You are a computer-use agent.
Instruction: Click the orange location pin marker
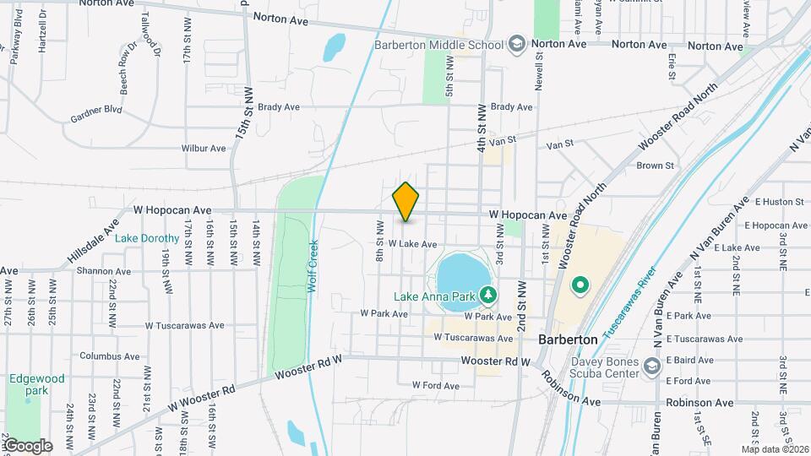pyautogui.click(x=406, y=202)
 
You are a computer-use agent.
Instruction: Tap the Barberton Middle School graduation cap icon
pyautogui.click(x=516, y=43)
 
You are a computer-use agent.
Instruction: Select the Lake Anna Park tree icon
pyautogui.click(x=487, y=295)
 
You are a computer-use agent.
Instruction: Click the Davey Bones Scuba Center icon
pyautogui.click(x=651, y=366)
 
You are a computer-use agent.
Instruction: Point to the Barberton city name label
pyautogui.click(x=569, y=339)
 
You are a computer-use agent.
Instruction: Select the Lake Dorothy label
pyautogui.click(x=147, y=239)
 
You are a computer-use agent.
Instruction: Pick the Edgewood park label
pyautogui.click(x=36, y=385)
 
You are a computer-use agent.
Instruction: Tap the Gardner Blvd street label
pyautogui.click(x=97, y=110)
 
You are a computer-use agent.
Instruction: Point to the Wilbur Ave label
pyautogui.click(x=204, y=148)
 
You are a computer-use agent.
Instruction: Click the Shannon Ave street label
pyautogui.click(x=103, y=272)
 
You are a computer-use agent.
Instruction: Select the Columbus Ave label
pyautogui.click(x=110, y=356)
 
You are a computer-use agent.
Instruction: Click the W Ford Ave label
pyautogui.click(x=435, y=385)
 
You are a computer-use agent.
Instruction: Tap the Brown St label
pyautogui.click(x=655, y=166)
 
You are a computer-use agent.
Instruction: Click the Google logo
pyautogui.click(x=27, y=446)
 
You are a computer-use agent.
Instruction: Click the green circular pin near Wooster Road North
pyautogui.click(x=580, y=285)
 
